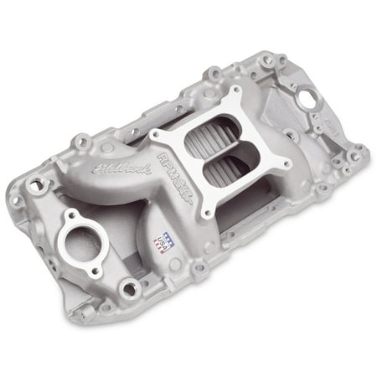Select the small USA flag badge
[x=162, y=241]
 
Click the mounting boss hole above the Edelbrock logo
[x=82, y=143]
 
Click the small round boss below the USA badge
[x=198, y=267]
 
